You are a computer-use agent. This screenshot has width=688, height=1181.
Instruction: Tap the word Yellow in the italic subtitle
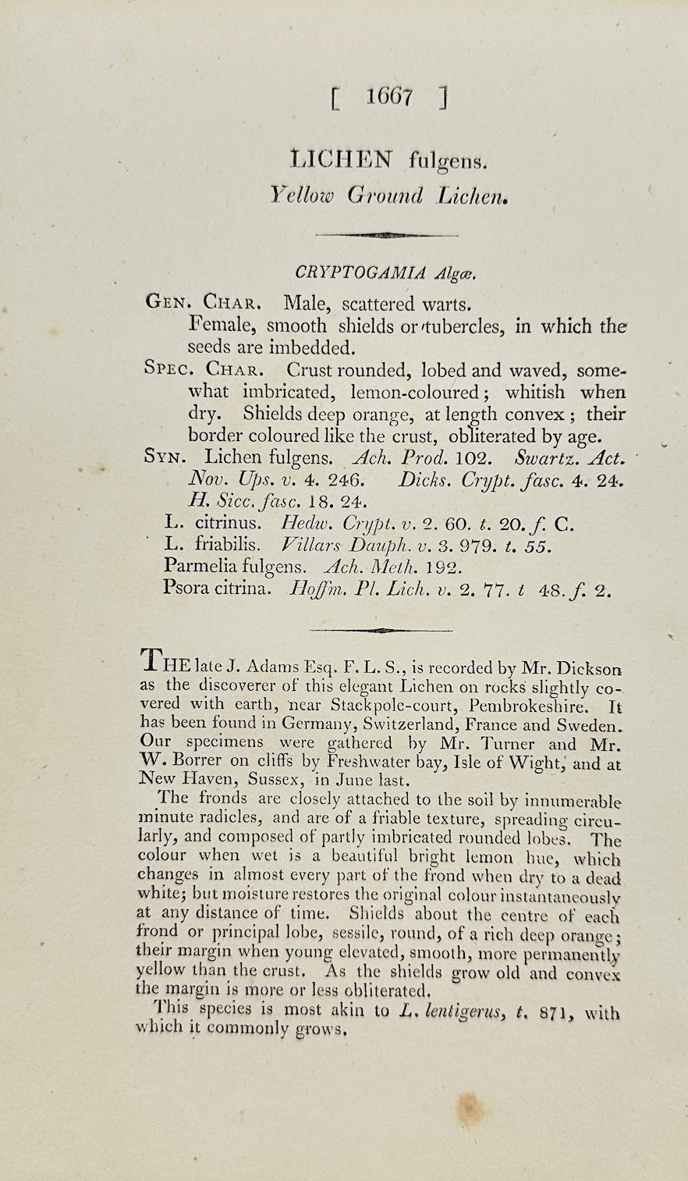point(301,195)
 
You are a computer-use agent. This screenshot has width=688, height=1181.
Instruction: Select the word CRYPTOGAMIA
point(360,272)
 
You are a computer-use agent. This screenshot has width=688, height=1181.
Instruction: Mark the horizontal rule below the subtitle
point(386,234)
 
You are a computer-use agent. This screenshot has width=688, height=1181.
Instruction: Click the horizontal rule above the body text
point(381,629)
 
